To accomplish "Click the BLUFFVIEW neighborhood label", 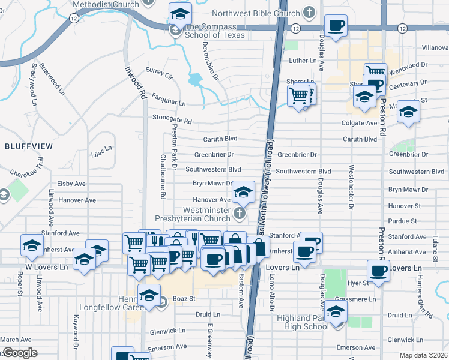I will point(29,146).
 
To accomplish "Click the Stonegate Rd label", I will point(172,119).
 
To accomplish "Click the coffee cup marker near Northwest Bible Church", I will point(336,26).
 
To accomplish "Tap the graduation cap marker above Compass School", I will point(179,14).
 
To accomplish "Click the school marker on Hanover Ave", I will point(243,192).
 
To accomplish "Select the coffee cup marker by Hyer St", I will point(378,271).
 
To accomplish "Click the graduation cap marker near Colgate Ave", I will point(408,112).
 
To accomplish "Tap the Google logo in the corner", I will point(20,353).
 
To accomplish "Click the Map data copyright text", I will point(423,355).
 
